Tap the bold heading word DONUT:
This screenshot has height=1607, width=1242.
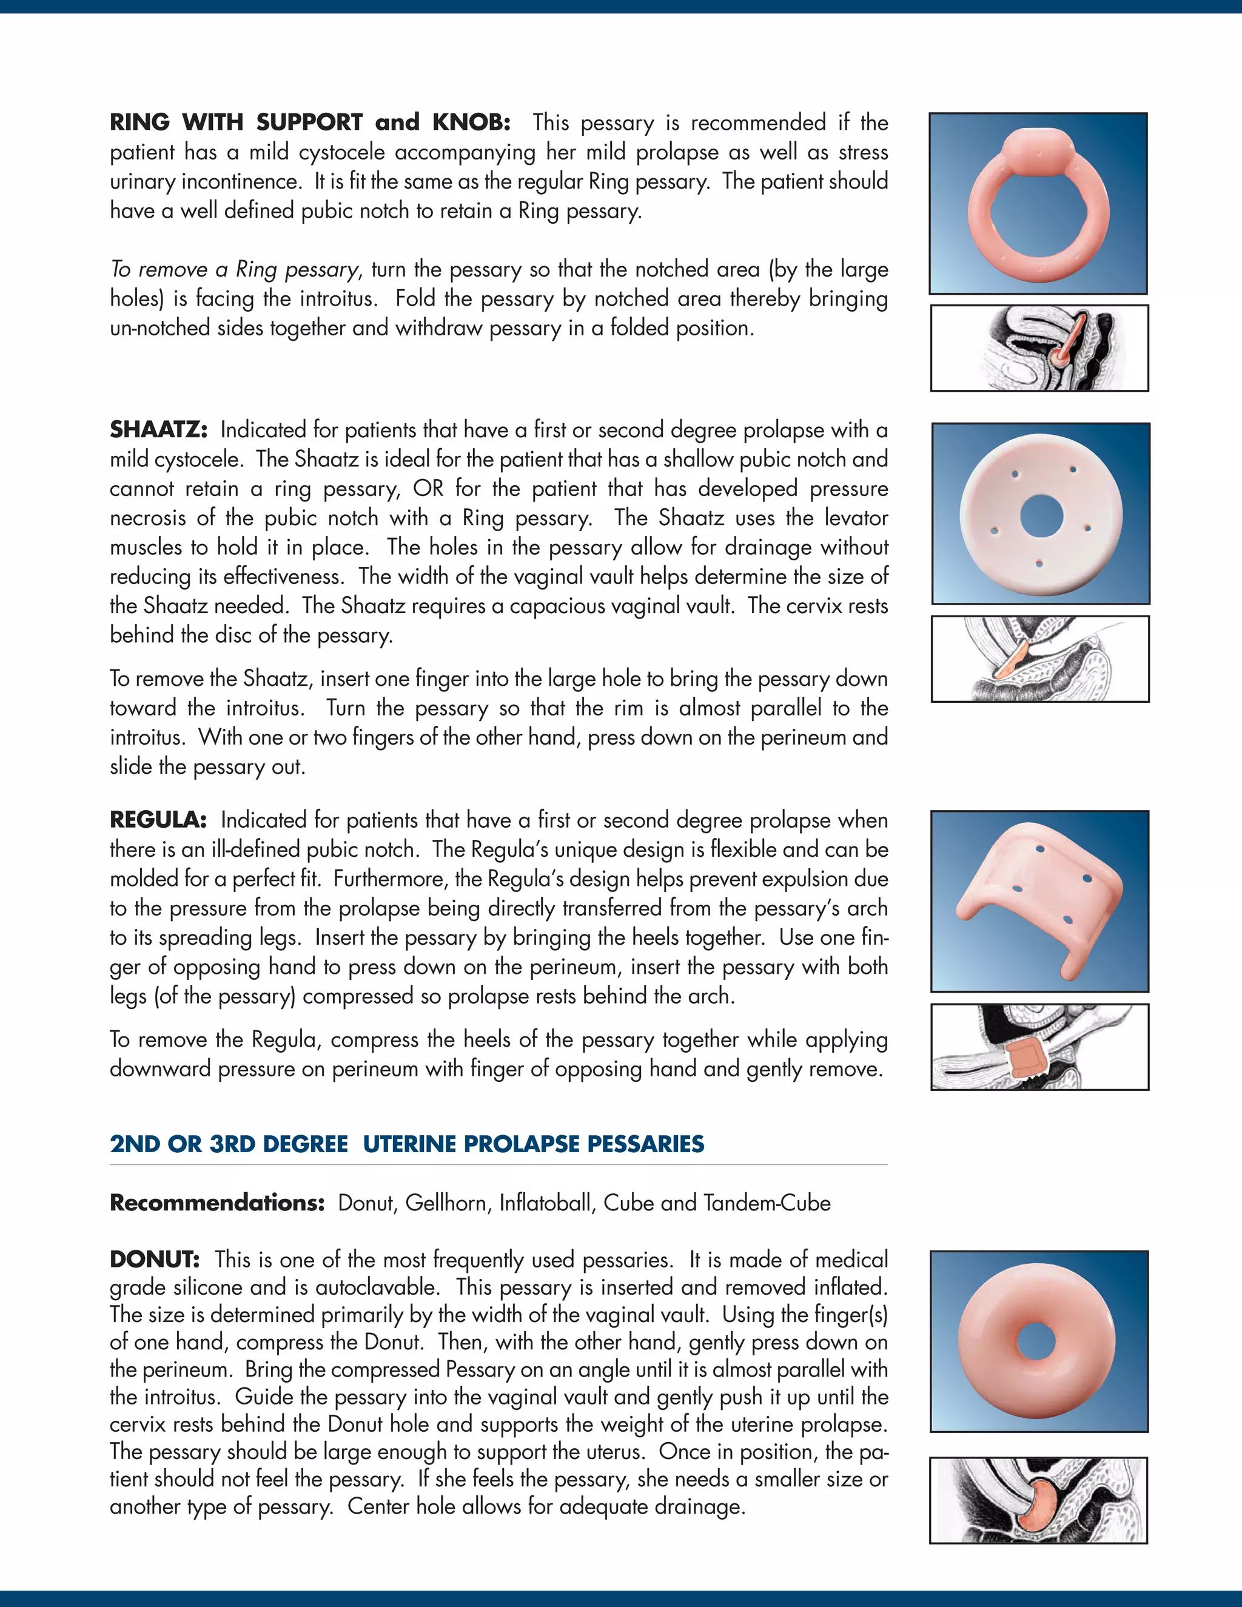[x=155, y=1259]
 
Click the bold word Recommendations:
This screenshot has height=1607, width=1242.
[x=217, y=1203]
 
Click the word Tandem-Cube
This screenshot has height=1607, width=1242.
[x=767, y=1203]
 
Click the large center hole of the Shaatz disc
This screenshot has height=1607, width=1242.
[x=1041, y=514]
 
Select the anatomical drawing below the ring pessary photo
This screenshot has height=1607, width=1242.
[x=1039, y=348]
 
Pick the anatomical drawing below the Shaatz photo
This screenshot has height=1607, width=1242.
[x=1039, y=659]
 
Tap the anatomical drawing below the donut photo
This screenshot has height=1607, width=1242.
[x=1038, y=1500]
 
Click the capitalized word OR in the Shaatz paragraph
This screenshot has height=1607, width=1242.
[x=428, y=489]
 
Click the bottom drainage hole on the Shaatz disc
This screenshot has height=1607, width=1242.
[x=1039, y=563]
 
